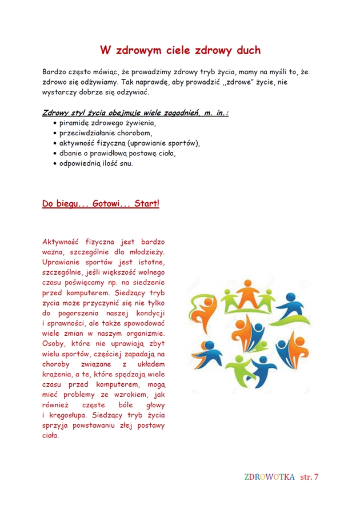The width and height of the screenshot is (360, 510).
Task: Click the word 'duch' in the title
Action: (x=243, y=50)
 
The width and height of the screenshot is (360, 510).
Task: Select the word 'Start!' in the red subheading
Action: (x=146, y=204)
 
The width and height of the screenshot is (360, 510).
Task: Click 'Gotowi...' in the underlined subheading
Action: (x=107, y=204)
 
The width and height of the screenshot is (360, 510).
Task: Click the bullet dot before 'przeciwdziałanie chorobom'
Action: (x=54, y=133)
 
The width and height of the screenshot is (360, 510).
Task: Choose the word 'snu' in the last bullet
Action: (x=126, y=164)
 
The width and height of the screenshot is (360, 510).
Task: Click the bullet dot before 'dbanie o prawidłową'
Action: (x=54, y=154)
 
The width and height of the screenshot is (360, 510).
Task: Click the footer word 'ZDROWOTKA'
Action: (x=269, y=476)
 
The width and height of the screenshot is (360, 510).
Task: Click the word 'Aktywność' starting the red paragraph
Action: (x=59, y=242)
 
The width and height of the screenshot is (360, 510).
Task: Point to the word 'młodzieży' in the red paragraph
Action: (x=146, y=252)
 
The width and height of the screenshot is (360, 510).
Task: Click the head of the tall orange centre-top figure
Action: (x=247, y=284)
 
